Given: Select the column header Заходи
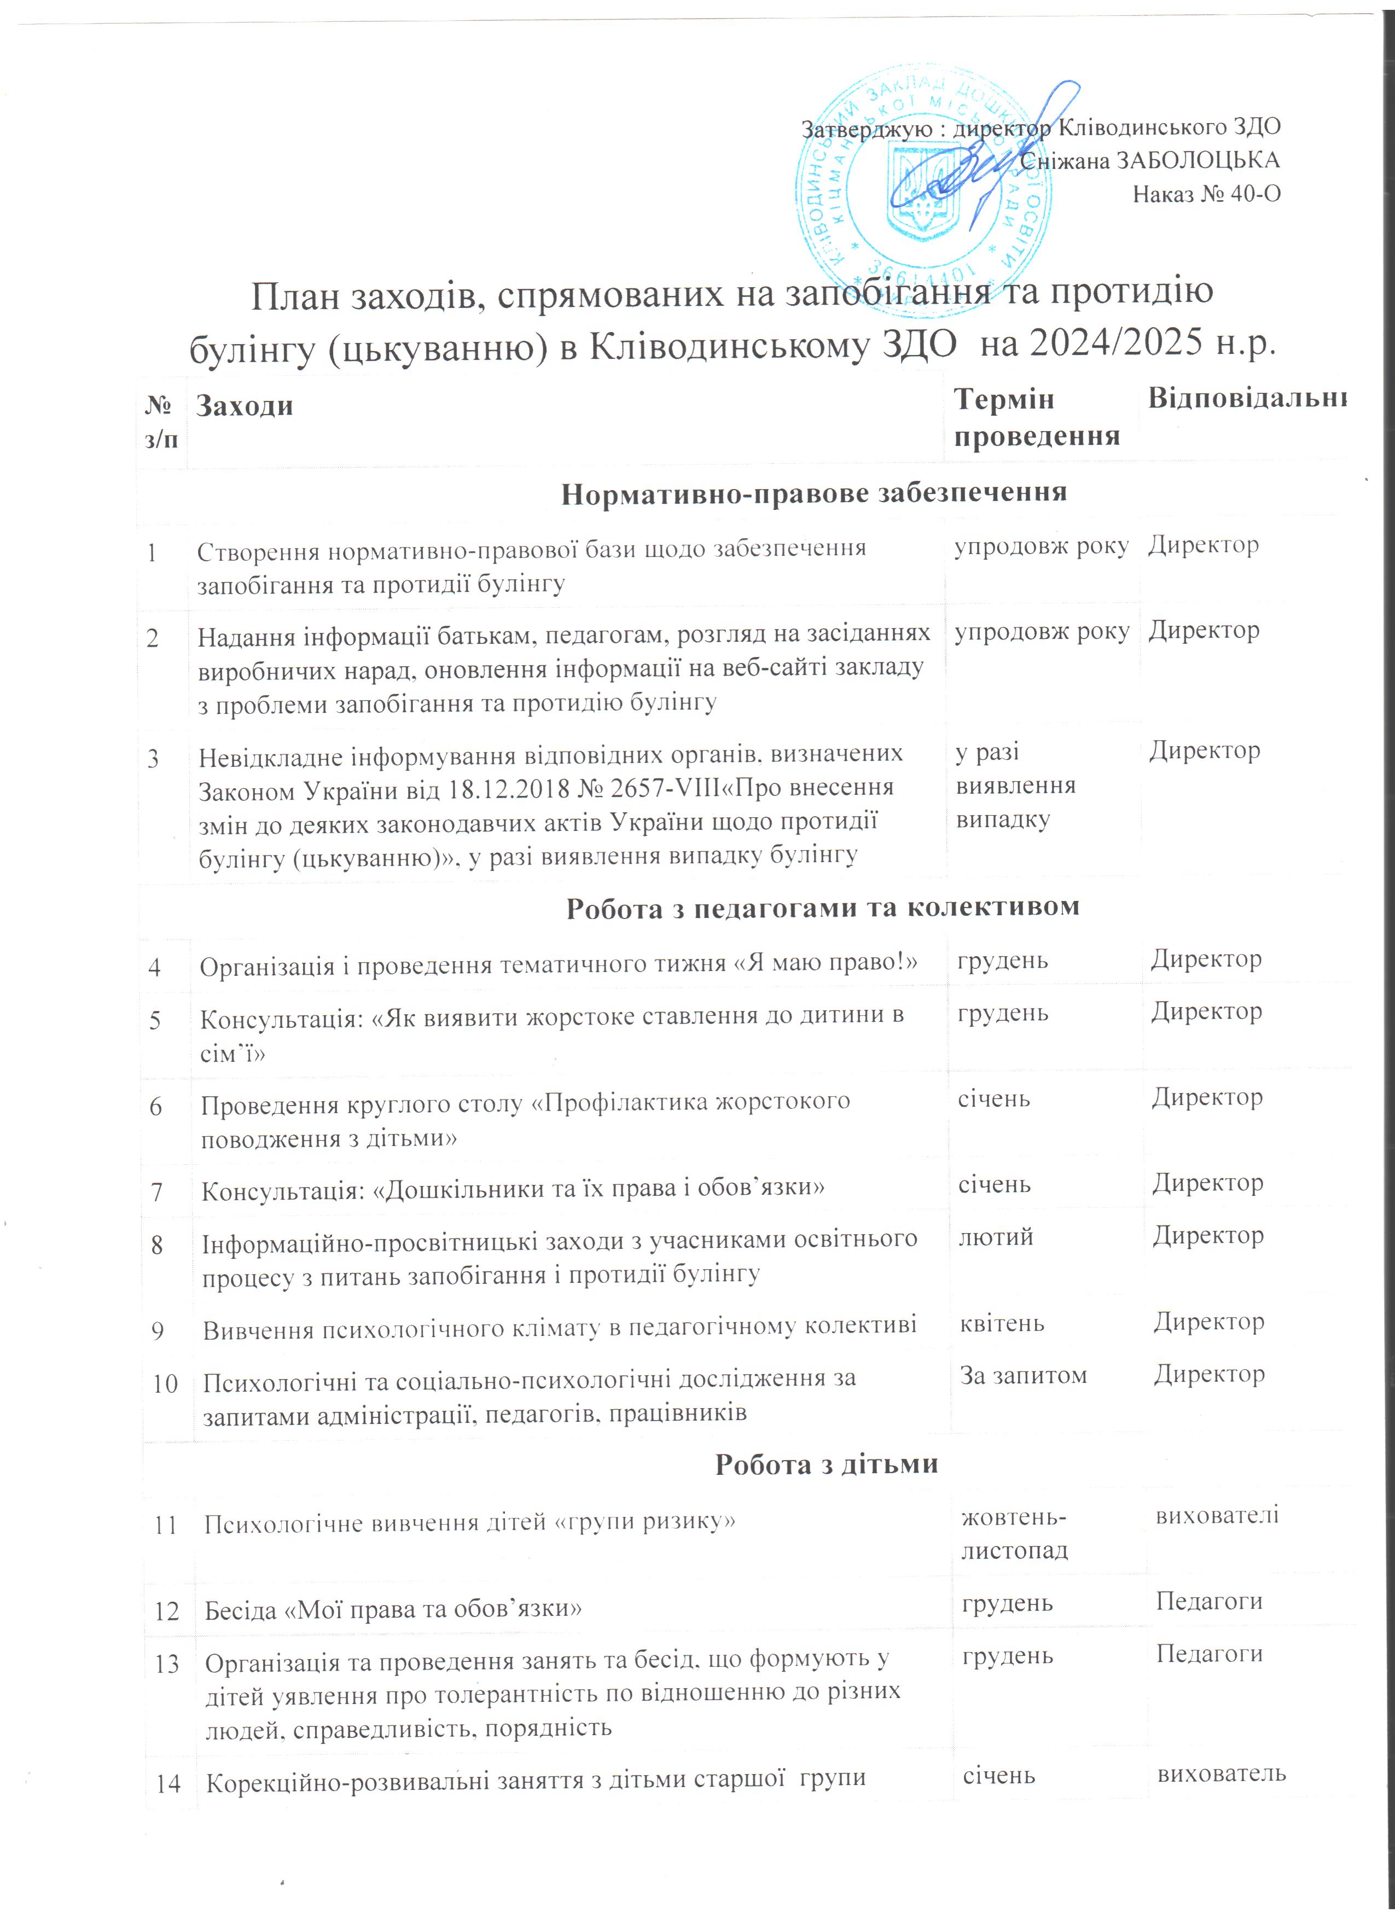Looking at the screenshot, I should tap(245, 406).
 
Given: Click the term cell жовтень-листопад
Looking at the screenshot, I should tap(1014, 1533).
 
